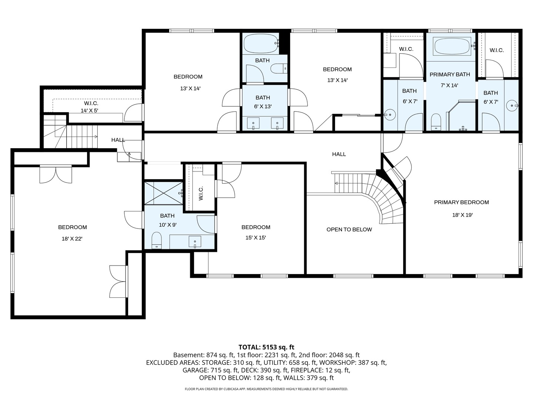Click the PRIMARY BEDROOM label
coord(461,202)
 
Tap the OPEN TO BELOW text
coord(349,230)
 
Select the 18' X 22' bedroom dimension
coord(72,239)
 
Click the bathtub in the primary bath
coord(452,46)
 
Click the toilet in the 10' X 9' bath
coord(157,240)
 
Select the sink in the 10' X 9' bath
coord(195,242)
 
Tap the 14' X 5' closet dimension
coord(89,110)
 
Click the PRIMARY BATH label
coord(449,74)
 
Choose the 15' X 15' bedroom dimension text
coord(255,238)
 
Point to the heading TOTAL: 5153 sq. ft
coord(266,347)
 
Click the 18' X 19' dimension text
coord(462,215)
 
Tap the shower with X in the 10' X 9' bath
coord(163,193)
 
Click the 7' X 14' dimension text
coord(449,86)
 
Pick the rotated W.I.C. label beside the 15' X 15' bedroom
coord(201,193)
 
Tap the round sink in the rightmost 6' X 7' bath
coord(512,106)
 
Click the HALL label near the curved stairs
coord(339,154)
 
